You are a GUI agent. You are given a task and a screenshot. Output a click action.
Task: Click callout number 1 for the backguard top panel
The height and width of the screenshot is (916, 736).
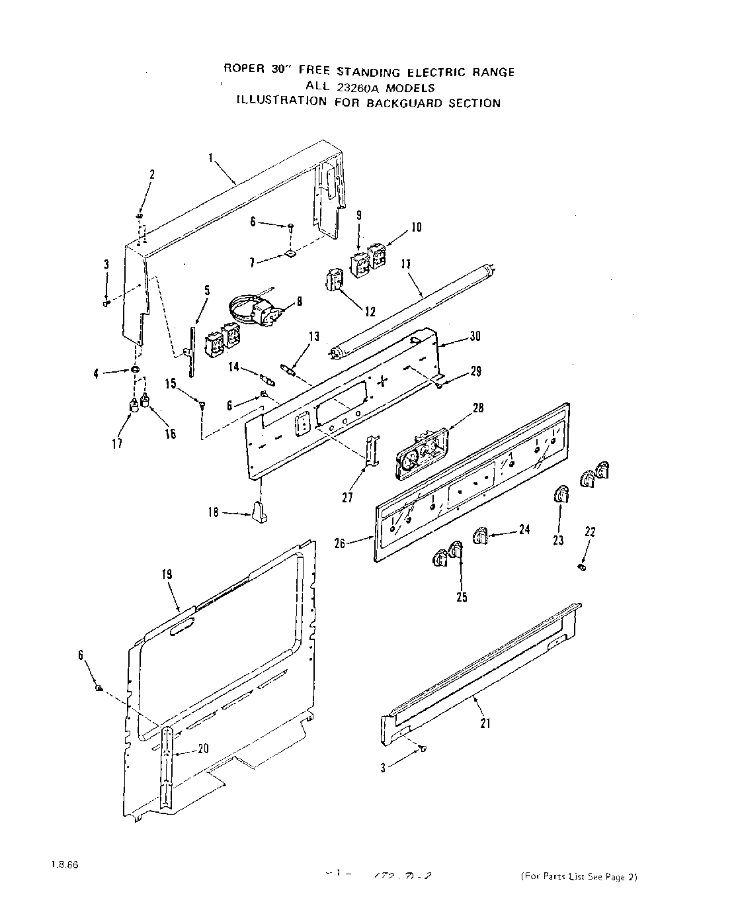click(x=210, y=158)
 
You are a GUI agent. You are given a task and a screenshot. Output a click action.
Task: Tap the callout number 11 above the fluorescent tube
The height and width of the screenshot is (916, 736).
click(x=406, y=263)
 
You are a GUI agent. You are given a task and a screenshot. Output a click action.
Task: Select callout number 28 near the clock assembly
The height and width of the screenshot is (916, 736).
click(x=477, y=408)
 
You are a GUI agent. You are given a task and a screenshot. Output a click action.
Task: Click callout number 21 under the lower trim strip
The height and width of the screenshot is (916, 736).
click(x=485, y=723)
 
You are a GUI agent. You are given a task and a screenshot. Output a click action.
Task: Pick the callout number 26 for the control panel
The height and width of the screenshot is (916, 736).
click(x=340, y=544)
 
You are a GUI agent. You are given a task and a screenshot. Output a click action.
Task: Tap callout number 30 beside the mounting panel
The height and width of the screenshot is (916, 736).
click(x=475, y=336)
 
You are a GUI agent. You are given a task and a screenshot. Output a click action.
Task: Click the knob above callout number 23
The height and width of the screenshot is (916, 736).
click(x=561, y=494)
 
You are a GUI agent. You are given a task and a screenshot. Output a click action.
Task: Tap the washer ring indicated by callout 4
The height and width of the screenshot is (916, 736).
click(x=135, y=369)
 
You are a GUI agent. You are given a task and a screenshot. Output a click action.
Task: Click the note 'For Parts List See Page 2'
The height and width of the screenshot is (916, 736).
click(x=579, y=878)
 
